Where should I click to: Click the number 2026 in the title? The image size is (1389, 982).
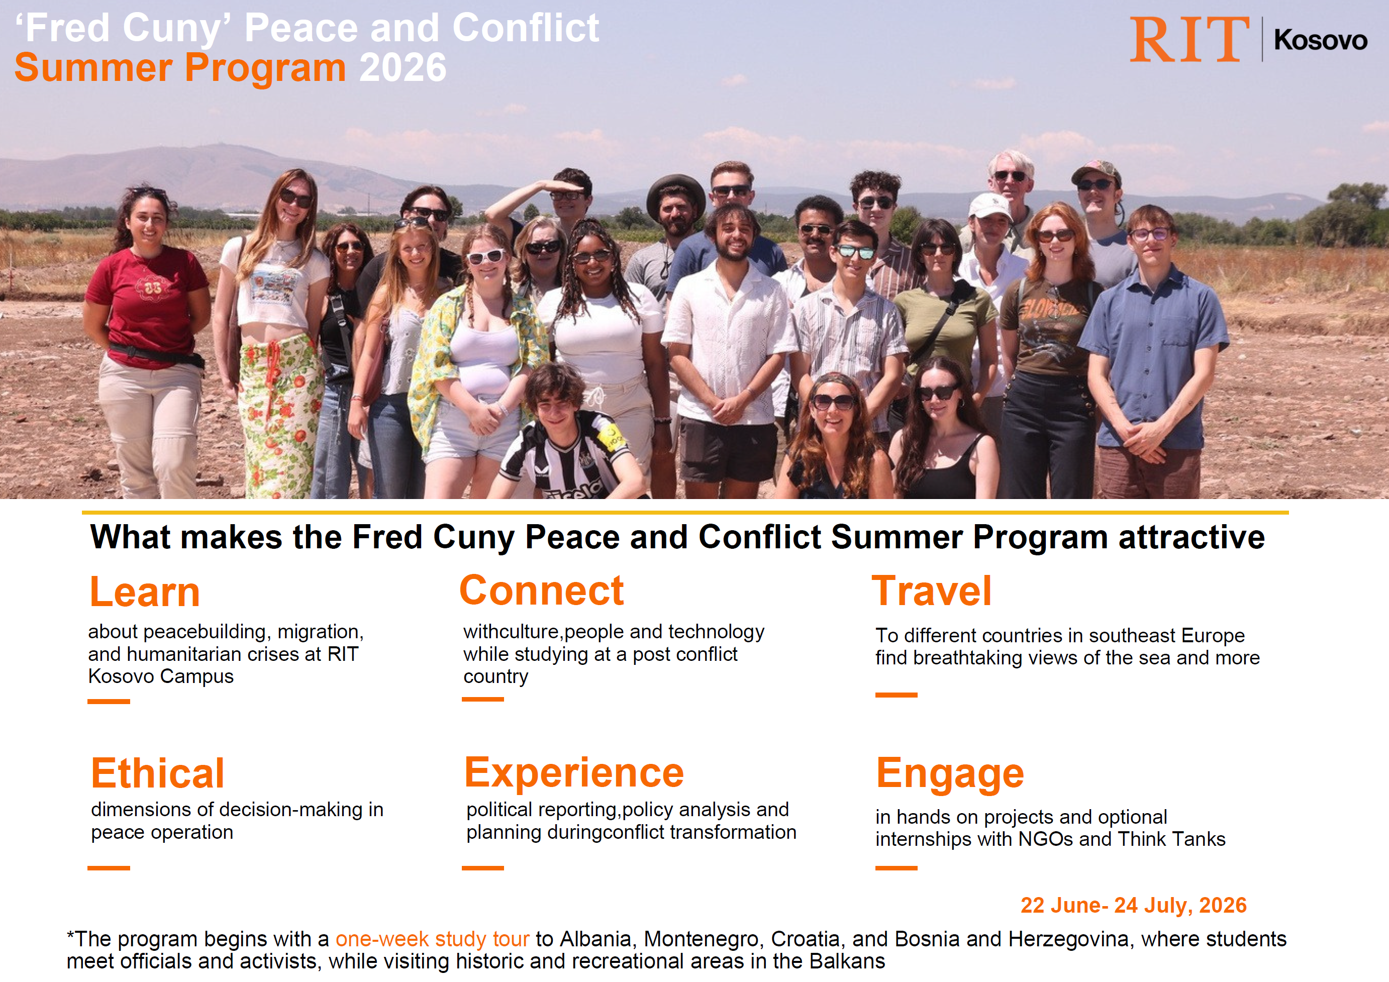click(403, 68)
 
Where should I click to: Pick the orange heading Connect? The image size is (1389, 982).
click(541, 591)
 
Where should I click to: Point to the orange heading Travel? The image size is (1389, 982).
click(931, 591)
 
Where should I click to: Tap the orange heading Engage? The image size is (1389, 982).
click(950, 774)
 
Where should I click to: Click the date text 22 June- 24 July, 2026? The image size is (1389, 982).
click(1133, 905)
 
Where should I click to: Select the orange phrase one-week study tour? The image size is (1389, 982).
click(432, 939)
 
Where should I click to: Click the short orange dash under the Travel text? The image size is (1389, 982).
click(896, 695)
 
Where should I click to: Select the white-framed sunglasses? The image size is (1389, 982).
click(486, 256)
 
